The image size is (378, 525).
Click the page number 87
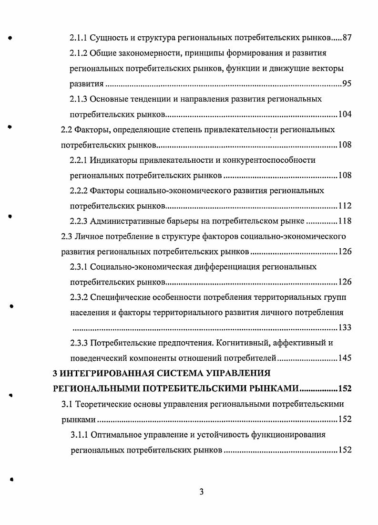tap(347, 38)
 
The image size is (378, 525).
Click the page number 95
tap(347, 84)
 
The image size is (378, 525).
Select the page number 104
tap(345, 115)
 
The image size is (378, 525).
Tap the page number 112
tap(345, 206)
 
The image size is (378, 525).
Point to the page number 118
tap(345, 221)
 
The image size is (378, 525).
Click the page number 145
tap(345, 358)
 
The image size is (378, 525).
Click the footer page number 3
tap(202, 493)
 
